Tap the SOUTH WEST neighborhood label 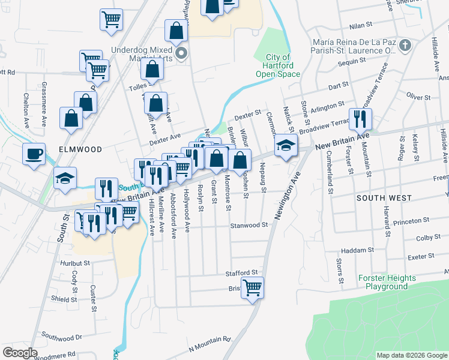[384, 197]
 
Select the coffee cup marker [34, 154]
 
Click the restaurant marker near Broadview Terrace [360, 119]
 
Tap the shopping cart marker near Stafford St [253, 287]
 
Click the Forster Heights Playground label [387, 282]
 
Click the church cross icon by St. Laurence [406, 45]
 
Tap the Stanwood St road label [249, 226]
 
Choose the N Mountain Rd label [209, 343]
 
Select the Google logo [20, 353]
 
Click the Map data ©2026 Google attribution [411, 355]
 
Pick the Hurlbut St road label [74, 263]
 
